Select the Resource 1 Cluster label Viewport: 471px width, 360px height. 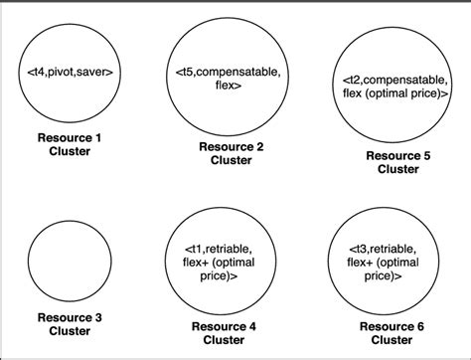tap(71, 144)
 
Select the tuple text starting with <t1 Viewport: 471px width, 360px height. tap(231, 261)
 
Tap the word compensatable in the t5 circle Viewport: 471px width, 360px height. tap(242, 72)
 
